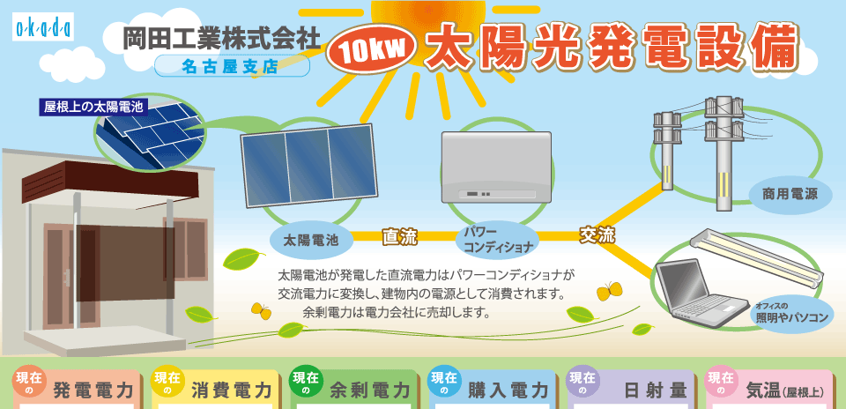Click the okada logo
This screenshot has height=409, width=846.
tap(42, 26)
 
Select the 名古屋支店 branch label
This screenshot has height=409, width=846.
tap(232, 66)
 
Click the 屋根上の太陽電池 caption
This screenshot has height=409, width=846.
tap(93, 106)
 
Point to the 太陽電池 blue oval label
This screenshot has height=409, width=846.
tap(311, 240)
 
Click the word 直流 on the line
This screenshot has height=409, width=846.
tap(400, 236)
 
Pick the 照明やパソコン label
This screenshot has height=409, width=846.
tap(791, 315)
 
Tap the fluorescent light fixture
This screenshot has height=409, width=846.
tap(757, 257)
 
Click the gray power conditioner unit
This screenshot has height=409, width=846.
tap(496, 167)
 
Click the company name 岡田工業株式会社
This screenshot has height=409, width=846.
tap(221, 40)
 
